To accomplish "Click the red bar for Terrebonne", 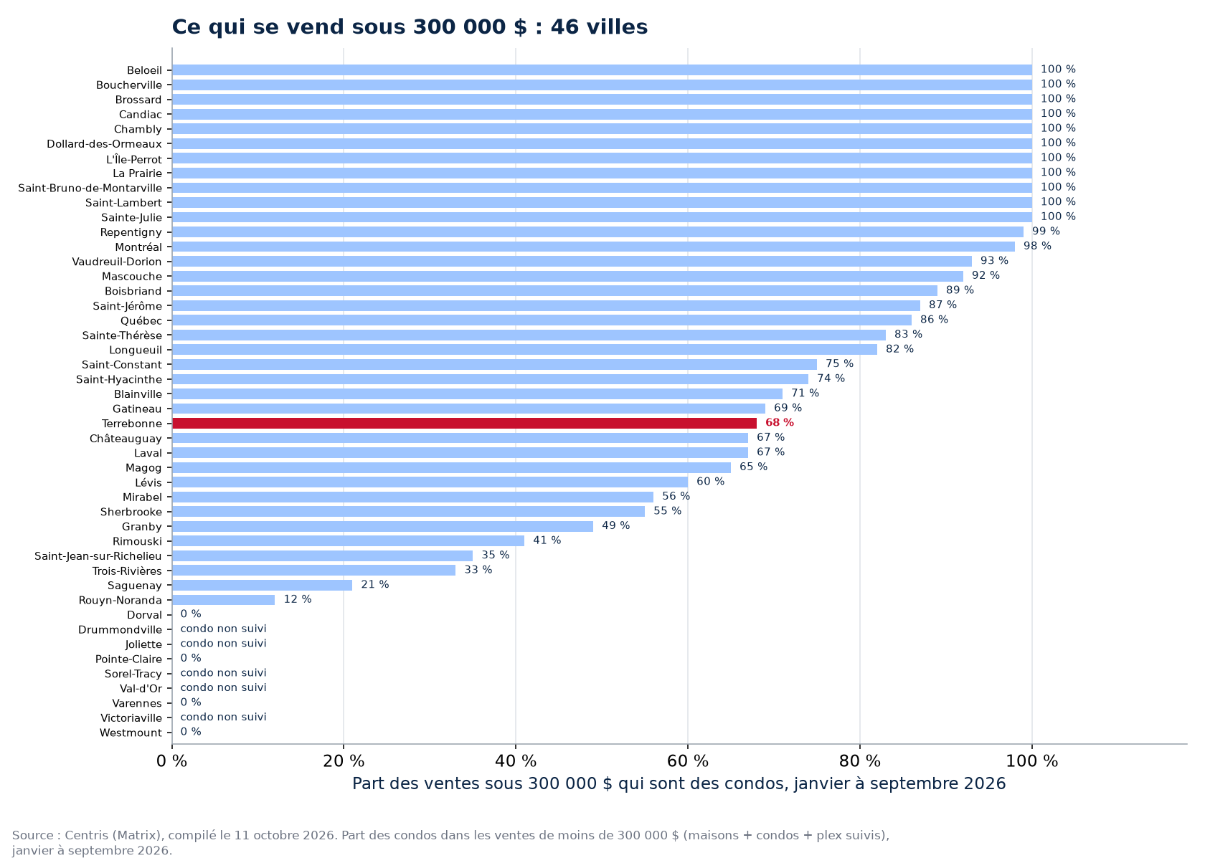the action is click(464, 424).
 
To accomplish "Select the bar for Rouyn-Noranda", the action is click(223, 600).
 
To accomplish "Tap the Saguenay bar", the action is click(262, 586).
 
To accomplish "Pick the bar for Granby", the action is click(382, 526).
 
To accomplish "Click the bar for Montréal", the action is click(593, 247).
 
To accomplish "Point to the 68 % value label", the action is click(780, 423).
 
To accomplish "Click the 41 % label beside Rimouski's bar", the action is click(547, 540).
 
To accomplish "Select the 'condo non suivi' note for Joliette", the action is click(223, 644).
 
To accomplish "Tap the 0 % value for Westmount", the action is click(191, 732).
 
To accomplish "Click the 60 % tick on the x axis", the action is click(687, 761).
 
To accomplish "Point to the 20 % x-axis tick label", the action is click(344, 761).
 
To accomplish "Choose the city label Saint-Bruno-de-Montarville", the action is click(90, 189).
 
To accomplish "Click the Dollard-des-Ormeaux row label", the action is click(105, 144).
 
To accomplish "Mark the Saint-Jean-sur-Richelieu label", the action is click(98, 556).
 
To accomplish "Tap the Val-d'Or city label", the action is click(141, 688).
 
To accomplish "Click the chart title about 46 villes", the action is click(410, 27).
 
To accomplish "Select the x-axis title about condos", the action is click(679, 784).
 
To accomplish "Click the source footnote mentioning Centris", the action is click(450, 842).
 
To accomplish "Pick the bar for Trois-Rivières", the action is click(313, 571).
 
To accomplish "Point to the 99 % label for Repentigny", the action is click(1046, 232).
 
